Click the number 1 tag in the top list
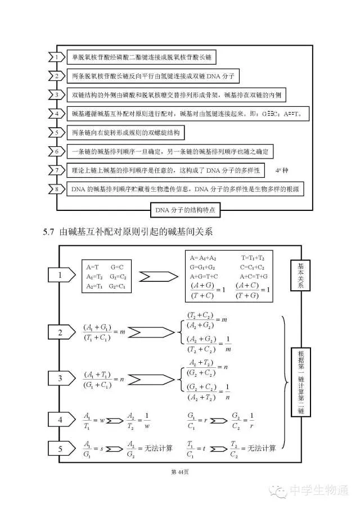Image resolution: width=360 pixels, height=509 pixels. [x=56, y=57]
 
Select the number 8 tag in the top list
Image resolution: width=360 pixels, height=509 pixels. [x=56, y=189]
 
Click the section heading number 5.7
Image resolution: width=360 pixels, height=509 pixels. [x=52, y=232]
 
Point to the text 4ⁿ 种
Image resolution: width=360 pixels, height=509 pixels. [x=281, y=170]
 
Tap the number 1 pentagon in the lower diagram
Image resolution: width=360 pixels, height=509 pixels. [x=60, y=275]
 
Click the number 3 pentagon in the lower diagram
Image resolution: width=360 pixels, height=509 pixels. [x=60, y=379]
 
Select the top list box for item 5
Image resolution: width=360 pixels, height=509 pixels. [x=124, y=133]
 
